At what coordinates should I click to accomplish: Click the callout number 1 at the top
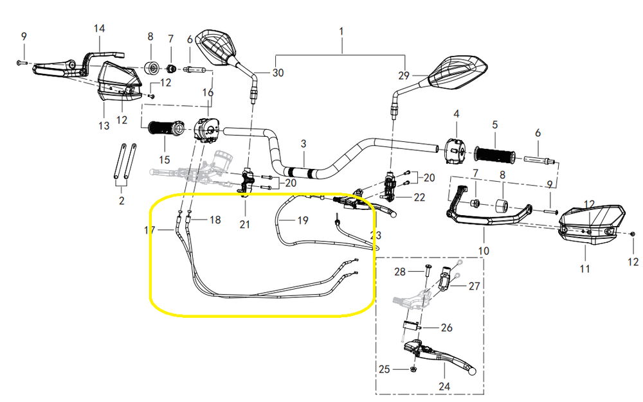[x=341, y=31]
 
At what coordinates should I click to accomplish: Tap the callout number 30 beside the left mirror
[x=277, y=73]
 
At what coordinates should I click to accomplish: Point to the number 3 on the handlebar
[x=303, y=144]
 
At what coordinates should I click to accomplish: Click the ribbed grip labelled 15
[x=167, y=128]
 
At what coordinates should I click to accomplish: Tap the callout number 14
[x=99, y=29]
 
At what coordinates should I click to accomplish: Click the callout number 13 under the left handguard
[x=104, y=126]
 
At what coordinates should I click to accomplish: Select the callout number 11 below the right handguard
[x=584, y=269]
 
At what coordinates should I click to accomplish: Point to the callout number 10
[x=484, y=250]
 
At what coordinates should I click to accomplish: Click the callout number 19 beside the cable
[x=302, y=220]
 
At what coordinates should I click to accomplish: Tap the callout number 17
[x=149, y=230]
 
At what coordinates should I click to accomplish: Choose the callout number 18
[x=215, y=220]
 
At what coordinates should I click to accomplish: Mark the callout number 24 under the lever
[x=444, y=387]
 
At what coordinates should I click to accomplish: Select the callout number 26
[x=446, y=328]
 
